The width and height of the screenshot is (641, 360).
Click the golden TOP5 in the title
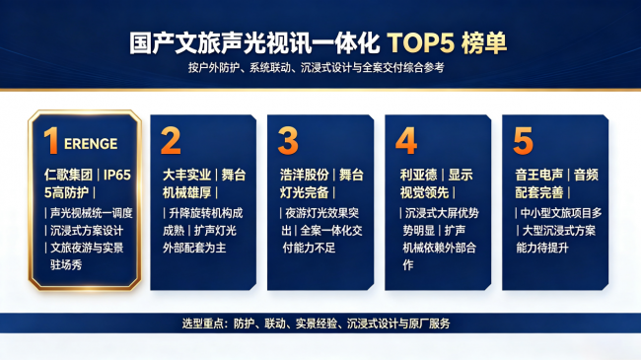pos(421,43)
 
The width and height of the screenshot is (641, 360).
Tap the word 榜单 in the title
pos(484,43)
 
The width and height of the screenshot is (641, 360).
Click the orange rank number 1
pos(51,140)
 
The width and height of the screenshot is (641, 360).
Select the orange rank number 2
pos(171,140)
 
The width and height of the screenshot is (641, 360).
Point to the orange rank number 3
pos(288,140)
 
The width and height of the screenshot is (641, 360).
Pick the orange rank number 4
pos(406,140)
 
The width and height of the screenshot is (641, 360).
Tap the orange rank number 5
pos(523,140)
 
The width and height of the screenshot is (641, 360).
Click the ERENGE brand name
pos(91,144)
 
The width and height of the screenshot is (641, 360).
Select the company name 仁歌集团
pos(68,176)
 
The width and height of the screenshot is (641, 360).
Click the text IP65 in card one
pos(117,176)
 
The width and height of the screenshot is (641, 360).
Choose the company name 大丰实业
pos(186,176)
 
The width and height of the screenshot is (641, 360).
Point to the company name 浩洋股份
pos(304,176)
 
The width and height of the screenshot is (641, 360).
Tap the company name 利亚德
pos(418,176)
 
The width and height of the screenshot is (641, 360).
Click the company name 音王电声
pos(538,176)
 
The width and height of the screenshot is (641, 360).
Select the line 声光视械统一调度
pos(91,213)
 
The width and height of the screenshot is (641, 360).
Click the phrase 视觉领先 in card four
pos(424,192)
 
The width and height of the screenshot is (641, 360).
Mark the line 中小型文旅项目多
pos(561,213)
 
